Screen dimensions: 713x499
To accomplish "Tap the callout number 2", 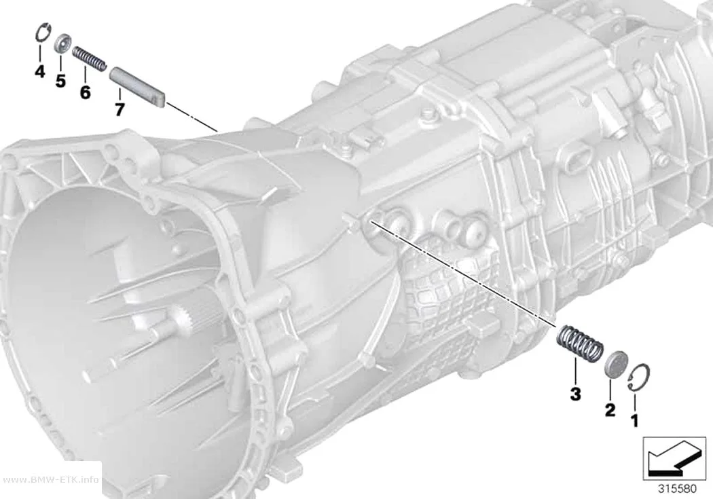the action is (x=610, y=410).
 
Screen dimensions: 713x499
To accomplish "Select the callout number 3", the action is (x=575, y=394).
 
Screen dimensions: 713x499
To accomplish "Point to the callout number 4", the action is (x=40, y=71).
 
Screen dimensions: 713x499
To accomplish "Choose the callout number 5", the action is (x=60, y=81).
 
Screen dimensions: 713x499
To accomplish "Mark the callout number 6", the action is (x=85, y=92).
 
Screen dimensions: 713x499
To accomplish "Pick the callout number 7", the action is (x=119, y=109).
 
